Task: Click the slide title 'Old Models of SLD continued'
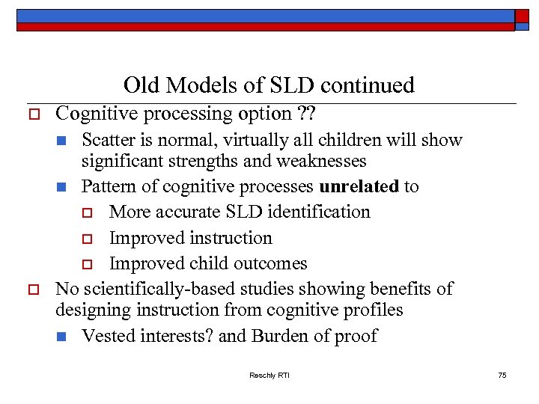click(269, 85)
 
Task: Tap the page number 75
click(502, 375)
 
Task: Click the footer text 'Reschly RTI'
click(269, 375)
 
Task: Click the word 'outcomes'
click(271, 263)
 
